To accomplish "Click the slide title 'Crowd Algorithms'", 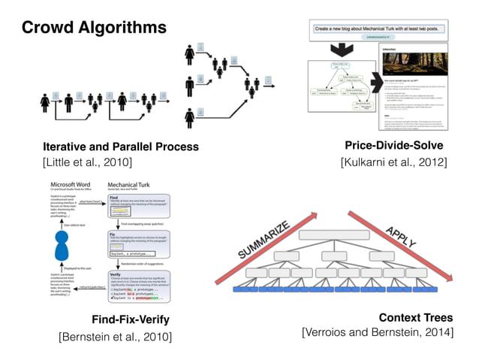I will (94, 29).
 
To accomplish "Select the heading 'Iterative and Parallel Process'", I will (121, 147).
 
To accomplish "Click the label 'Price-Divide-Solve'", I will (393, 145).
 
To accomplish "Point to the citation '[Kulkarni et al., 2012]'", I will (393, 162).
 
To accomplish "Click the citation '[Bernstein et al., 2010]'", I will (115, 336).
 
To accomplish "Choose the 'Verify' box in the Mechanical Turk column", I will (137, 286).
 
